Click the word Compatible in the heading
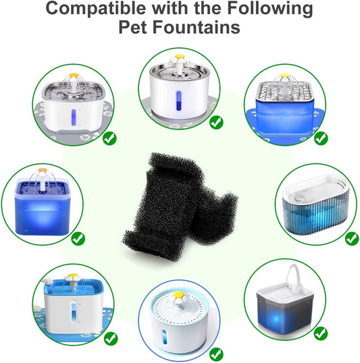point(96,9)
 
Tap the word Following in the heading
point(270,9)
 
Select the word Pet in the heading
point(132,27)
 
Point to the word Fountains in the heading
point(196,27)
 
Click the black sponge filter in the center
point(180,206)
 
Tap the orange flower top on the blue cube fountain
point(43,171)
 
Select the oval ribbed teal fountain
point(316,205)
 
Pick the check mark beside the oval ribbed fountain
point(352,239)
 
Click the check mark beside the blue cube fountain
point(78,239)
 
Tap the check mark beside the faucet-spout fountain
point(321,333)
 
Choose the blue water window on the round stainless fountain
point(178,101)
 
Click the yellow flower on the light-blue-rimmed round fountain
point(179,295)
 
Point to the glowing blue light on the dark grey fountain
point(276,318)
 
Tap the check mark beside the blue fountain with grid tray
point(321,138)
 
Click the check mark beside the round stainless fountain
point(216,123)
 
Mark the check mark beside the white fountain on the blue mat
point(111,339)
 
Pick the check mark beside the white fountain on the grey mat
point(109,138)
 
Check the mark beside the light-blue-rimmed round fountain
point(216,354)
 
